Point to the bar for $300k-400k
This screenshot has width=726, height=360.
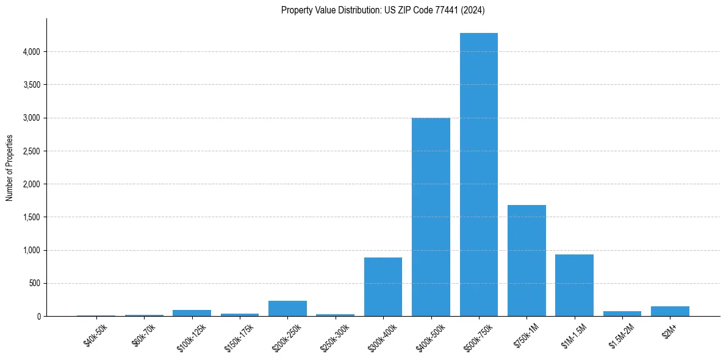(x=383, y=287)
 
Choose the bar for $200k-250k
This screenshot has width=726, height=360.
(x=287, y=309)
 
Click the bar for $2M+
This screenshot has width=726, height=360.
(x=670, y=311)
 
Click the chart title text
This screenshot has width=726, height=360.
(x=383, y=10)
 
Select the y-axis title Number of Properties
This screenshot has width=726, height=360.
(x=10, y=168)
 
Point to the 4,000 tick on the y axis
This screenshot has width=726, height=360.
(x=30, y=52)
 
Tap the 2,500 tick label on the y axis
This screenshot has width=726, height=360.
(x=30, y=151)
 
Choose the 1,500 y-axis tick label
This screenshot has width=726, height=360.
(x=30, y=217)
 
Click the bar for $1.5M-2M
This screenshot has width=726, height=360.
(x=622, y=314)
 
